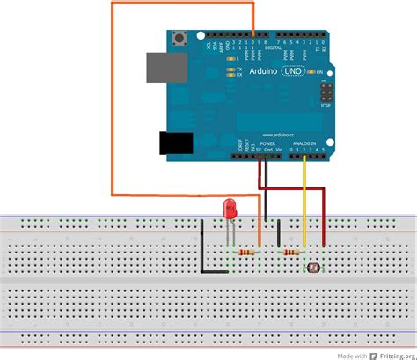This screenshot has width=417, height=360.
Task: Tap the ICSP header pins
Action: click(x=326, y=92)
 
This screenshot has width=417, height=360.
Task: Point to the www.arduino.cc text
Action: click(x=281, y=133)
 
